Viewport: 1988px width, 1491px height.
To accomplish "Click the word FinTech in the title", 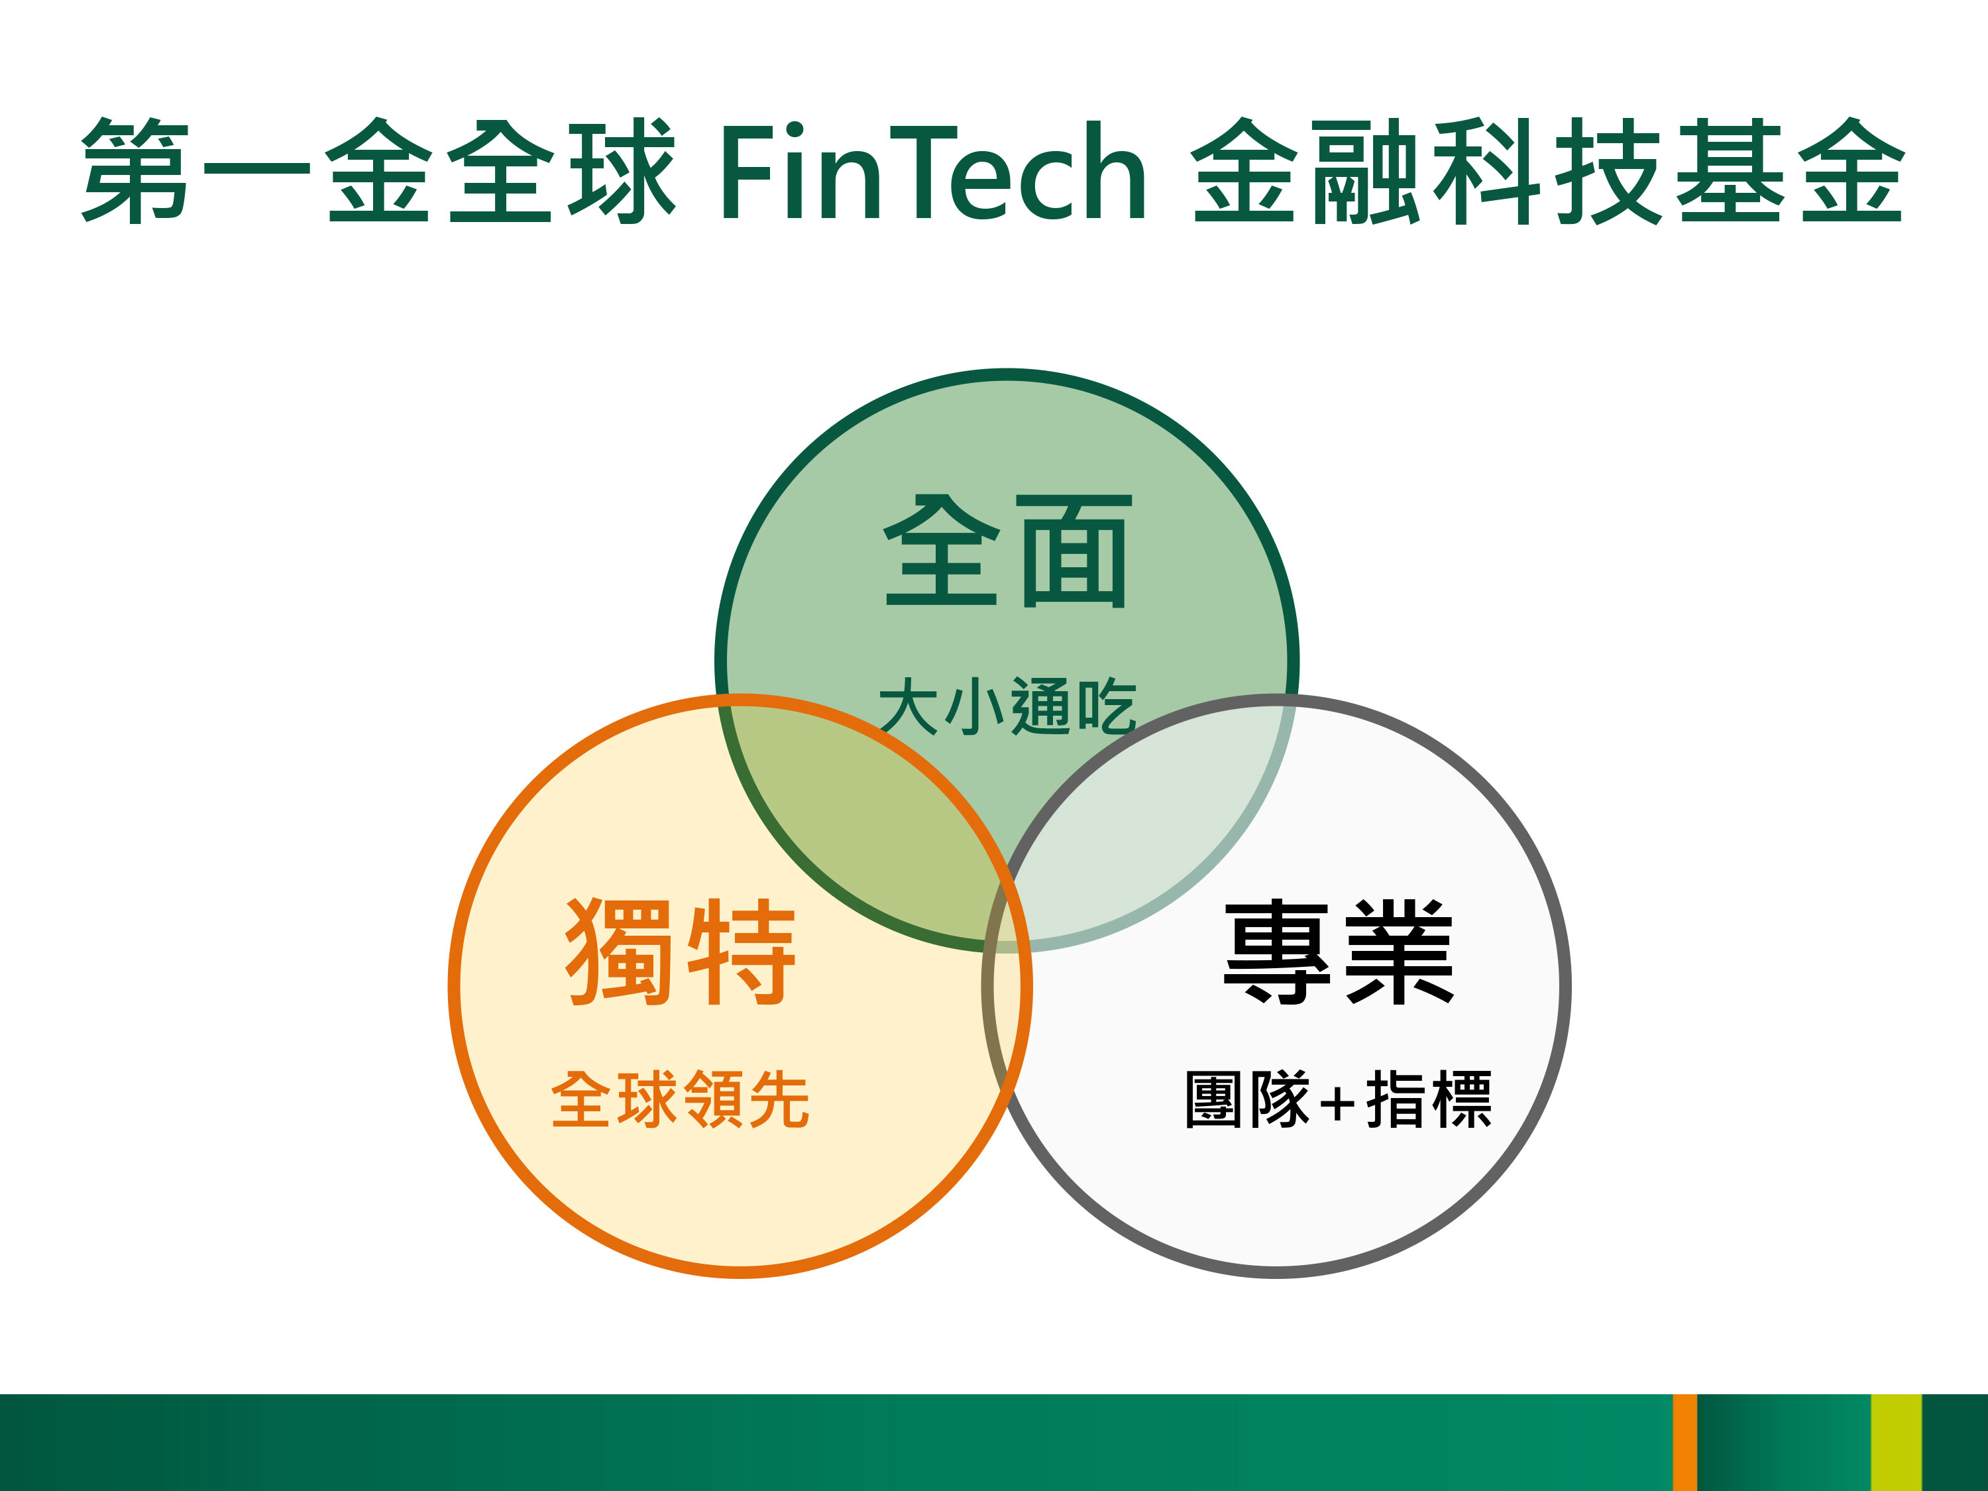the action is (x=934, y=172).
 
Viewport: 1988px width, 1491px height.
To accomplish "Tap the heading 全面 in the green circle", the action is (x=1007, y=551).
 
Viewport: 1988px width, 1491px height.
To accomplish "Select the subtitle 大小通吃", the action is (x=1007, y=706).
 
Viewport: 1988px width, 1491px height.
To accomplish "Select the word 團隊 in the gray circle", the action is (x=1247, y=1098).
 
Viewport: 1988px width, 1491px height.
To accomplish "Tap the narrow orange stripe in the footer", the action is (x=1685, y=1443).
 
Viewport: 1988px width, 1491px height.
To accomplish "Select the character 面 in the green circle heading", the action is (x=1075, y=551).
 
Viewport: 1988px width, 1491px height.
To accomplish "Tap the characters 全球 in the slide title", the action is (x=562, y=171).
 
